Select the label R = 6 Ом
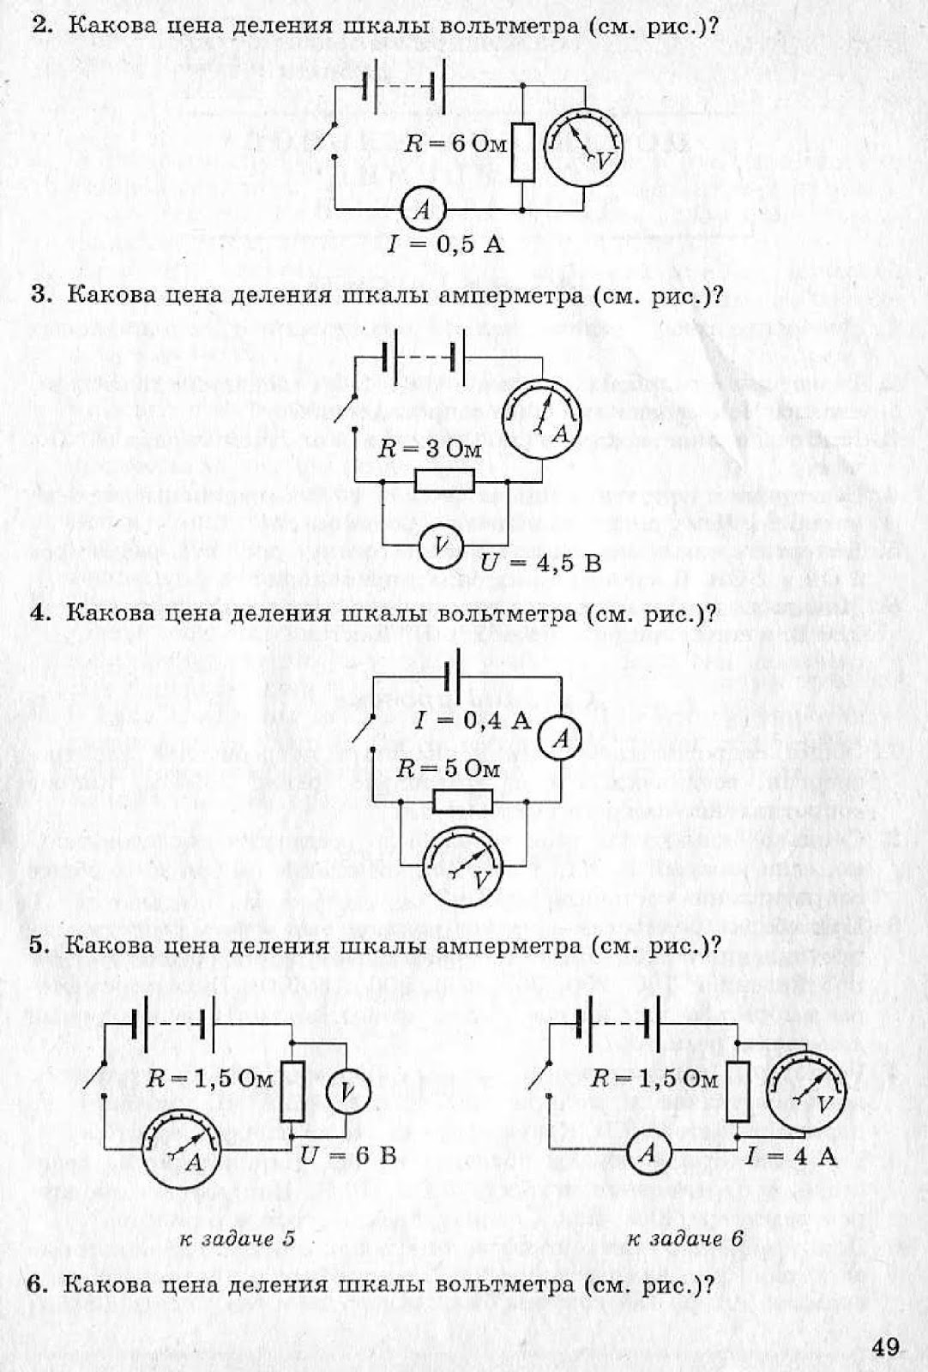455,143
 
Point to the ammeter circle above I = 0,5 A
421,208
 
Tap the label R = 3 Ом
431,448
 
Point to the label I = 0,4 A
473,719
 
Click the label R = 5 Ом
448,768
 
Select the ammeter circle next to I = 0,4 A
561,738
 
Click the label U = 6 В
348,1156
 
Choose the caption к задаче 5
237,1239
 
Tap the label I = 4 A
791,1156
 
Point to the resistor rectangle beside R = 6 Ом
522,152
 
